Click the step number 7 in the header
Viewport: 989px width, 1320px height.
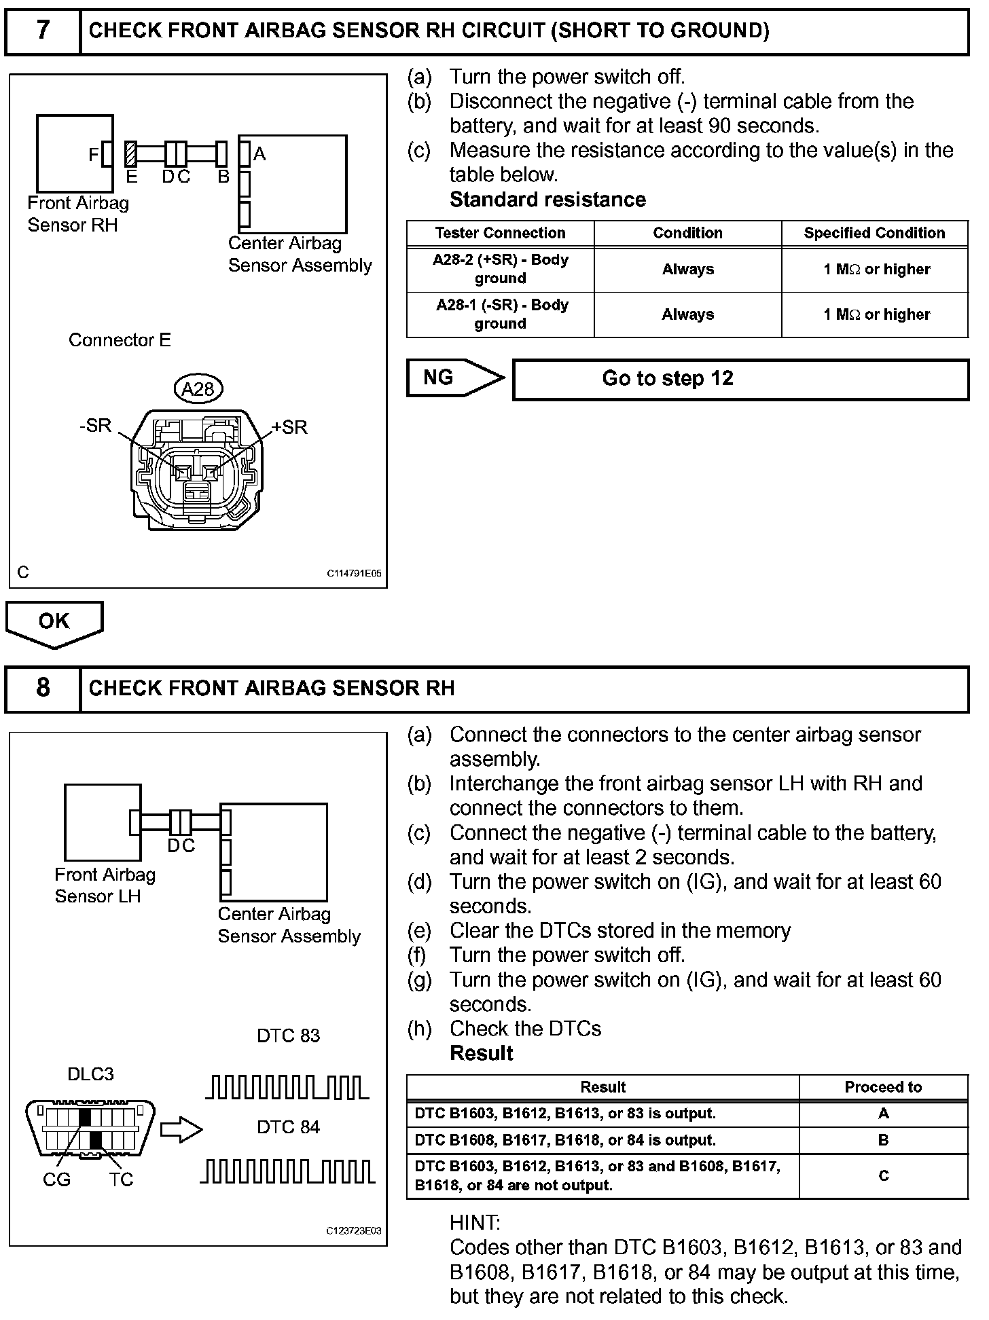(x=42, y=31)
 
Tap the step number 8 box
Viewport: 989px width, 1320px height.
(x=42, y=689)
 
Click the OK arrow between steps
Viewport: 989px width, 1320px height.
(x=54, y=622)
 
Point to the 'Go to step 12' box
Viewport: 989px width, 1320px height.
(x=740, y=379)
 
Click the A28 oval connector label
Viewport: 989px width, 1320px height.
(x=198, y=389)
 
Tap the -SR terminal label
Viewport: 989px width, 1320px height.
(x=95, y=426)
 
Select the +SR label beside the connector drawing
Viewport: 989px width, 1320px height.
(x=290, y=427)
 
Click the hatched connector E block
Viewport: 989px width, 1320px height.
(x=131, y=154)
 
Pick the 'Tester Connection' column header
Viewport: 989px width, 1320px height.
(x=500, y=233)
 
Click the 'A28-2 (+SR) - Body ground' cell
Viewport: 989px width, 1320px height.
(x=500, y=269)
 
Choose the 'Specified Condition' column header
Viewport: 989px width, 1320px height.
(x=874, y=233)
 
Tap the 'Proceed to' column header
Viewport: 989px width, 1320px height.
(x=883, y=1087)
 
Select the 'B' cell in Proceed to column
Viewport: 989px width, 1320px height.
(x=883, y=1140)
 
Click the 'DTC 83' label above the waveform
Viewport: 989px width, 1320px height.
(x=288, y=1035)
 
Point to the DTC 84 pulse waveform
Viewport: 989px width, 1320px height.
(x=288, y=1171)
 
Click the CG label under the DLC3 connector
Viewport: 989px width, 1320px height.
(x=56, y=1180)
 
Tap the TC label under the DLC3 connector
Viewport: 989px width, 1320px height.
(x=122, y=1180)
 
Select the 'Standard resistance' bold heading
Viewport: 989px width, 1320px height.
(x=547, y=200)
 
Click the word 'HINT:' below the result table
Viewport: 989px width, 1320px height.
(x=475, y=1223)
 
